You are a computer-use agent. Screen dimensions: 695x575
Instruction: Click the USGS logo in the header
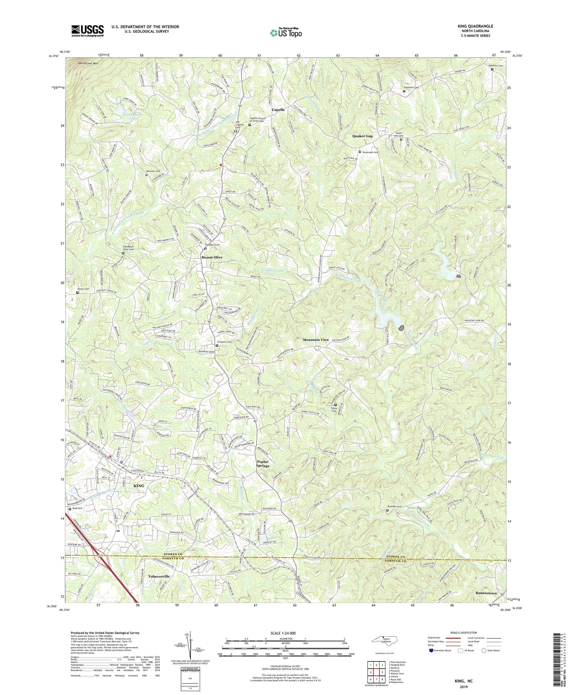point(87,31)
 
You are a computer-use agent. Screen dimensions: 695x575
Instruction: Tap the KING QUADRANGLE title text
point(475,26)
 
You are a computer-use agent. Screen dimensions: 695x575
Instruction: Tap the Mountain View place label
point(315,340)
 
